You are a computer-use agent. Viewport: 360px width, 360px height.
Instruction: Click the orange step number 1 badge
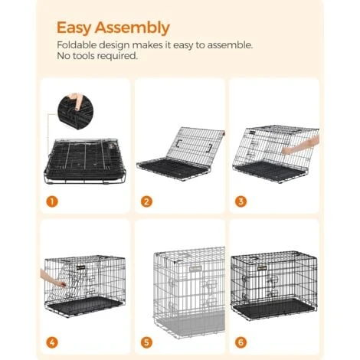pos(52,201)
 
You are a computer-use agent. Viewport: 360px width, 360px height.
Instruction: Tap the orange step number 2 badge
pos(146,201)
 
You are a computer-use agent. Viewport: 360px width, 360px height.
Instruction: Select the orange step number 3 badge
pos(241,201)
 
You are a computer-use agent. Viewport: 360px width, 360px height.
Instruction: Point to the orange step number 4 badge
pos(52,342)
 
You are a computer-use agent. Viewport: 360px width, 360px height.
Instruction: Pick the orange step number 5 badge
pos(146,342)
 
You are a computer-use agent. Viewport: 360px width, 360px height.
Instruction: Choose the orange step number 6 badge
pos(241,342)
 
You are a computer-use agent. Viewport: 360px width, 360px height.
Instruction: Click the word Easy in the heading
pos(74,28)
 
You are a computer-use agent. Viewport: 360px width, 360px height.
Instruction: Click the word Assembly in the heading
pos(133,28)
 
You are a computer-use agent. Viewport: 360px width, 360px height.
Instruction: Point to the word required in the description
pos(117,56)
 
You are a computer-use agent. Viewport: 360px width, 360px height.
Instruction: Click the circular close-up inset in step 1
pos(76,111)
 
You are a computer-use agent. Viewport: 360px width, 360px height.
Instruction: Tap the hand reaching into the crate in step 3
pos(301,145)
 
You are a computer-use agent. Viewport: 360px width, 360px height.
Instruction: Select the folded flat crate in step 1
pos(85,160)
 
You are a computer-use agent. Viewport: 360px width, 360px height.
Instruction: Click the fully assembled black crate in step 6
pos(274,285)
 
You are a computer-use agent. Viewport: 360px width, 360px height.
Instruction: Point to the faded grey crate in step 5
pos(189,292)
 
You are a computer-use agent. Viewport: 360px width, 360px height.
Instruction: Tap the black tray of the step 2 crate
pos(171,169)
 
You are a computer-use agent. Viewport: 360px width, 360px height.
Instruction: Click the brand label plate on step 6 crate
pos(262,268)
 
